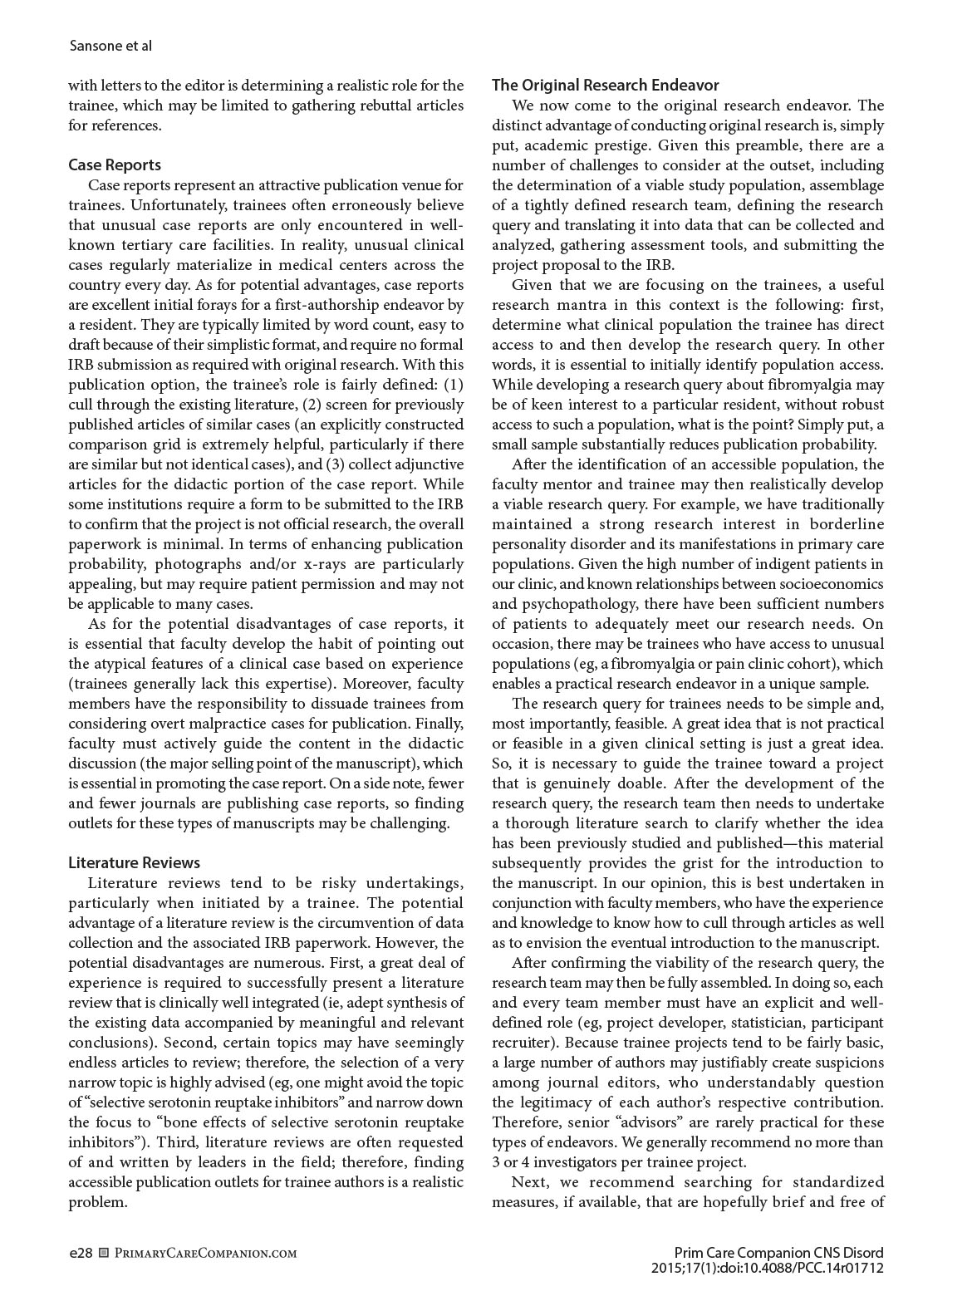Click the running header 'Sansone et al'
point(110,45)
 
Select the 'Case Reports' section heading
point(115,164)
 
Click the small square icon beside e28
point(104,1253)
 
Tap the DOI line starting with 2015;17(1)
point(769,1268)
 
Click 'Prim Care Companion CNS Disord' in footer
point(778,1253)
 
